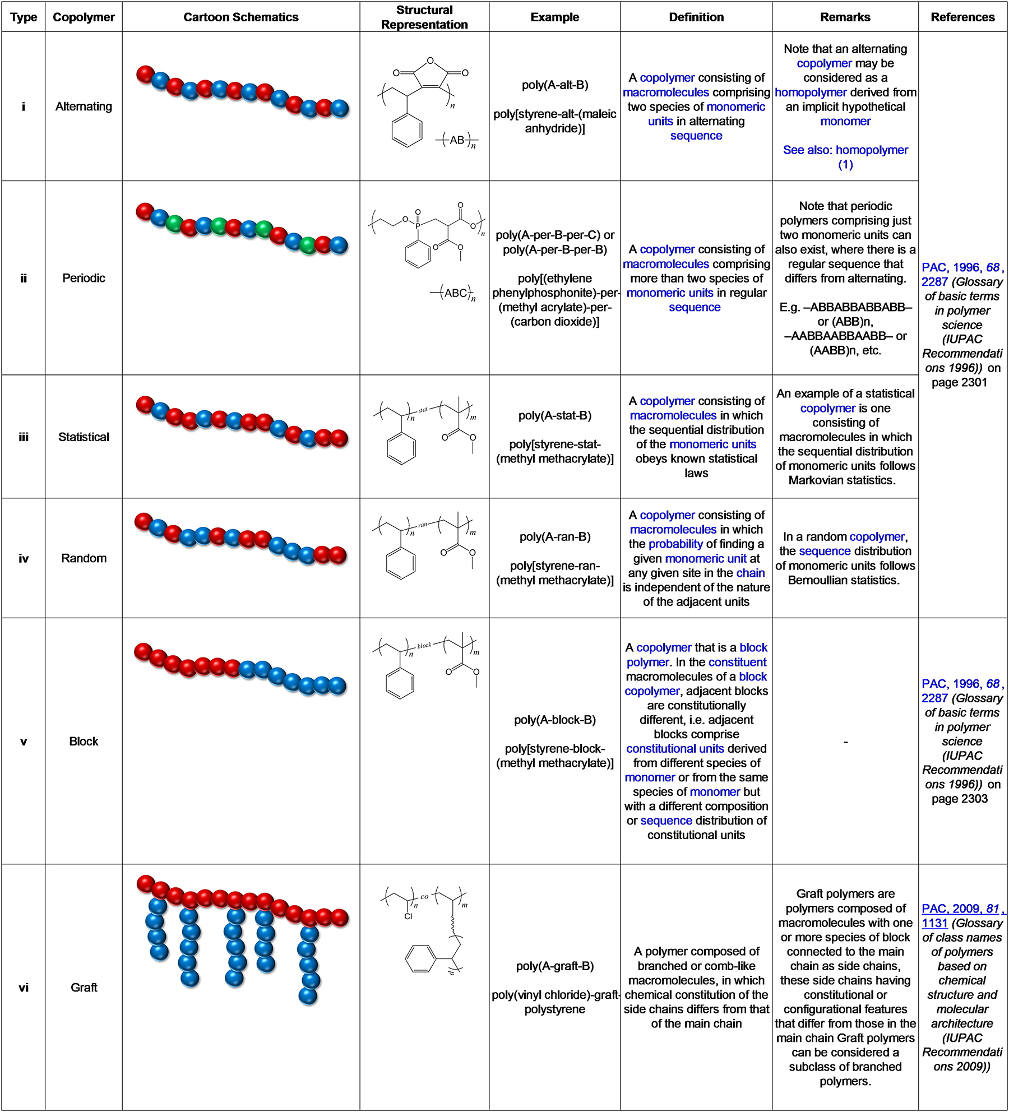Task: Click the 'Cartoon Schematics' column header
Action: point(241,17)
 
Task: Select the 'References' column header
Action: point(962,17)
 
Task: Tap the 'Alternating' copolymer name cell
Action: point(84,106)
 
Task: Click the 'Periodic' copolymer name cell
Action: point(84,278)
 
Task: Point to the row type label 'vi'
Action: point(24,988)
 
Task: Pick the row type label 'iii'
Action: point(24,437)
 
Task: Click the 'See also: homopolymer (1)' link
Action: point(845,157)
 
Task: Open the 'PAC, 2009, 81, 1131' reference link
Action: point(962,916)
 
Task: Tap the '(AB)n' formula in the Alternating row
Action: point(457,140)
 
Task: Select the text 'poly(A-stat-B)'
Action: point(555,415)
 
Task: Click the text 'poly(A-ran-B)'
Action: point(555,537)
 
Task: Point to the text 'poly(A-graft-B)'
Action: point(555,966)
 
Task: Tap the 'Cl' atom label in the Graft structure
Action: point(408,916)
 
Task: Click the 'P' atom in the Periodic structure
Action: point(418,225)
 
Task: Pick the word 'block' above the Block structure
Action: point(424,645)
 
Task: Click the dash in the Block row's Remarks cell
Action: point(845,742)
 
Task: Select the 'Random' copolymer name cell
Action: point(84,558)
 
